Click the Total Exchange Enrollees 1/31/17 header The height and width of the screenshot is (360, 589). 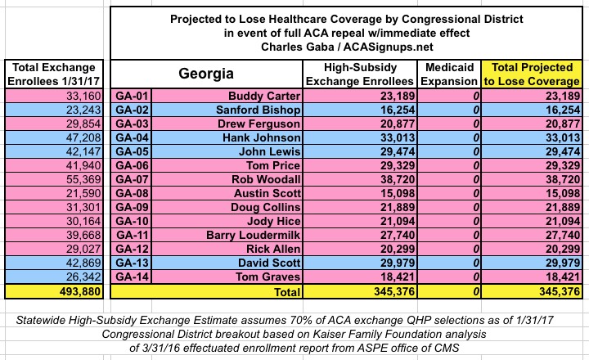pos(54,73)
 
